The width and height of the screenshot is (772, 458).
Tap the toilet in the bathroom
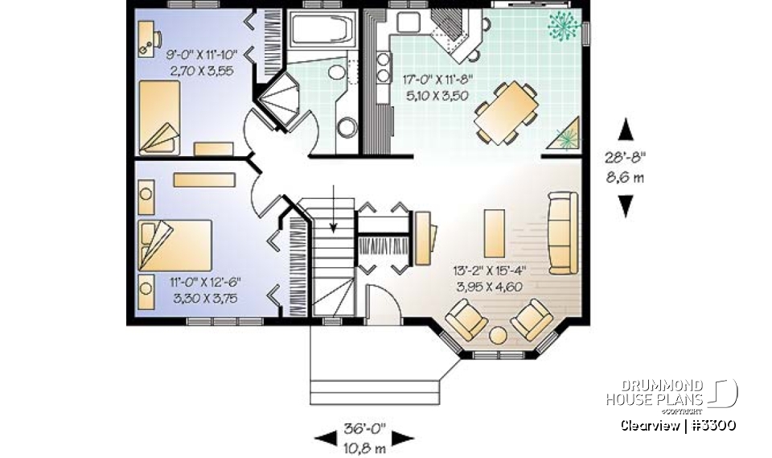pyautogui.click(x=347, y=127)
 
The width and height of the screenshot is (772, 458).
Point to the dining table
pyautogui.click(x=506, y=112)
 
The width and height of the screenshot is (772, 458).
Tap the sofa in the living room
pyautogui.click(x=561, y=232)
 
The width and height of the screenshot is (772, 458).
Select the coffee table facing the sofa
pyautogui.click(x=495, y=232)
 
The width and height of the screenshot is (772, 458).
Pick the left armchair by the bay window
pyautogui.click(x=466, y=319)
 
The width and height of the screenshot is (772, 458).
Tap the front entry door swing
pyautogui.click(x=385, y=310)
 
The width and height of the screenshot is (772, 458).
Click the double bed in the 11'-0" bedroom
pyautogui.click(x=175, y=245)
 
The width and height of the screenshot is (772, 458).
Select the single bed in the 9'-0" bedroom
pyautogui.click(x=158, y=117)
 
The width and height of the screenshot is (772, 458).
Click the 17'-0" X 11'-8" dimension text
pyautogui.click(x=438, y=80)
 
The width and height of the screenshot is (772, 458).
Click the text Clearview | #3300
pyautogui.click(x=678, y=424)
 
